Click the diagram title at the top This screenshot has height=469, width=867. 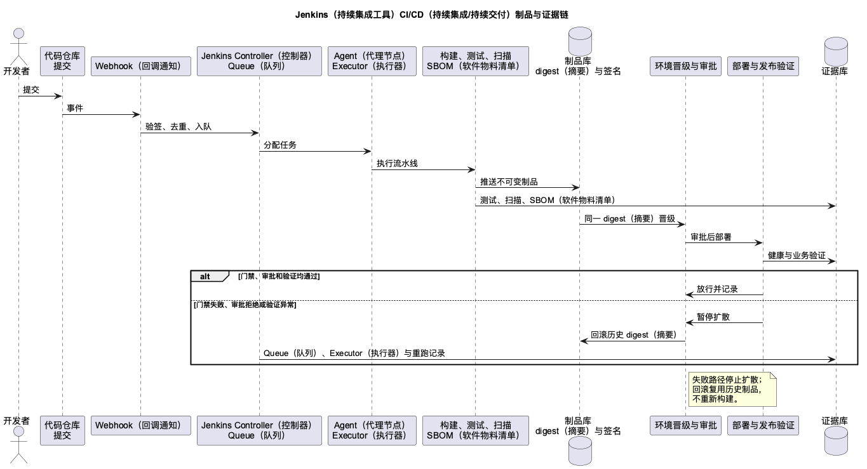coord(431,15)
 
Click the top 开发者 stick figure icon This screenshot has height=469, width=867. coord(18,46)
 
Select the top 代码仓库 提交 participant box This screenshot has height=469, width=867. coord(62,61)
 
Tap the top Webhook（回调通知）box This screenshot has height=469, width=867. coord(141,66)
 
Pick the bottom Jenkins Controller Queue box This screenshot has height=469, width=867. coord(259,430)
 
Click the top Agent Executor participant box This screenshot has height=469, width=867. coord(372,61)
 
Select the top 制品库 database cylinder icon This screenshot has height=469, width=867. coord(580,41)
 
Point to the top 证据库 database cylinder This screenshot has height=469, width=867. coord(836,51)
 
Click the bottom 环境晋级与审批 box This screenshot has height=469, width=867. coord(685,425)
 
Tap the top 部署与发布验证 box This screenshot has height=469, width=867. coord(763,66)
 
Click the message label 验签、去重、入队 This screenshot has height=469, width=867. coord(178,126)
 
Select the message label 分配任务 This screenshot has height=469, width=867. coord(280,145)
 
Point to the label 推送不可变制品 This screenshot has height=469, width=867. coord(509,182)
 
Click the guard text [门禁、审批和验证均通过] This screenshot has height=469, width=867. coord(279,276)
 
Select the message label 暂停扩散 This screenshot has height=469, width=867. coord(713,317)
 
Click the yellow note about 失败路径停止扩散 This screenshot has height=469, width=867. coord(732,389)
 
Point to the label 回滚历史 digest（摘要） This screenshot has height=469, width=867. coord(634,335)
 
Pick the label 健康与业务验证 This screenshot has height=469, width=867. coord(796,255)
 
